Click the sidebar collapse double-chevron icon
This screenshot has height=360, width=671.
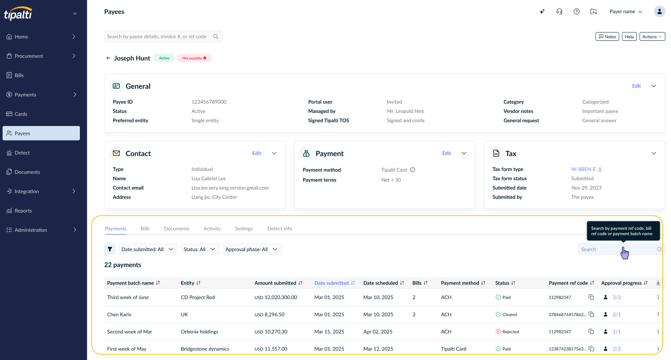75,14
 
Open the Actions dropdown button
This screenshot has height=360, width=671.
652,36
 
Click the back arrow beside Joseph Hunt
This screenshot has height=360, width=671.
108,58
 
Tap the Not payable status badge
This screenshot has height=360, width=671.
194,58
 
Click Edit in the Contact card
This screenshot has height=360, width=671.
256,153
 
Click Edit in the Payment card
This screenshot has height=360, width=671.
446,153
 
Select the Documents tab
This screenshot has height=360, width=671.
176,228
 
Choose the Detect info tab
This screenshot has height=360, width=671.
280,228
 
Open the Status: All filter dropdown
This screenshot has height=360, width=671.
200,249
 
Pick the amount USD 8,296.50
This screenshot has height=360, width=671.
269,314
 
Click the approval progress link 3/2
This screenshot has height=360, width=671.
617,297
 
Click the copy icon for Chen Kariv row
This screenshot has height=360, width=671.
591,314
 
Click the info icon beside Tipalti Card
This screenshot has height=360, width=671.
413,169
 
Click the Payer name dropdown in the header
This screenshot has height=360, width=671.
626,12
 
